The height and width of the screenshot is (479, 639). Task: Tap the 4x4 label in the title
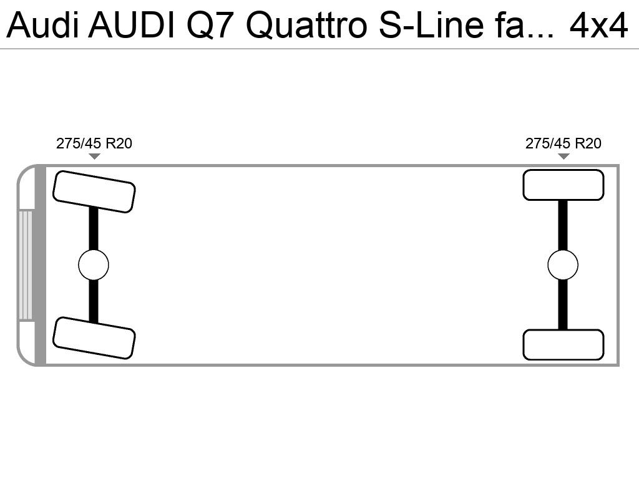598,25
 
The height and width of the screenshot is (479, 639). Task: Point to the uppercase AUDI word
131,25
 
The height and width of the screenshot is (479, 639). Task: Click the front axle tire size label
94,143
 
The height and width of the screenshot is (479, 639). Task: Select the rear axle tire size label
563,143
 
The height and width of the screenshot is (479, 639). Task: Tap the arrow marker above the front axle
94,156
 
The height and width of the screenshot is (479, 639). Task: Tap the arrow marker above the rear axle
563,156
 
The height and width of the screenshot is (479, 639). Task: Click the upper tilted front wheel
94,191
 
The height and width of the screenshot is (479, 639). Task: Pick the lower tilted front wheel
94,338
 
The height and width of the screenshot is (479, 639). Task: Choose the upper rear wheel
563,185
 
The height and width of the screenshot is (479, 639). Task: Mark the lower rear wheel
563,345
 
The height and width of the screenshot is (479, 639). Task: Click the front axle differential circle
94,265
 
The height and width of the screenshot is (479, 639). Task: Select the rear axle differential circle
563,265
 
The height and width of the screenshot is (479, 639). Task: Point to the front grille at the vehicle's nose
26,265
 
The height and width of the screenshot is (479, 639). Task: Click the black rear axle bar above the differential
563,225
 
